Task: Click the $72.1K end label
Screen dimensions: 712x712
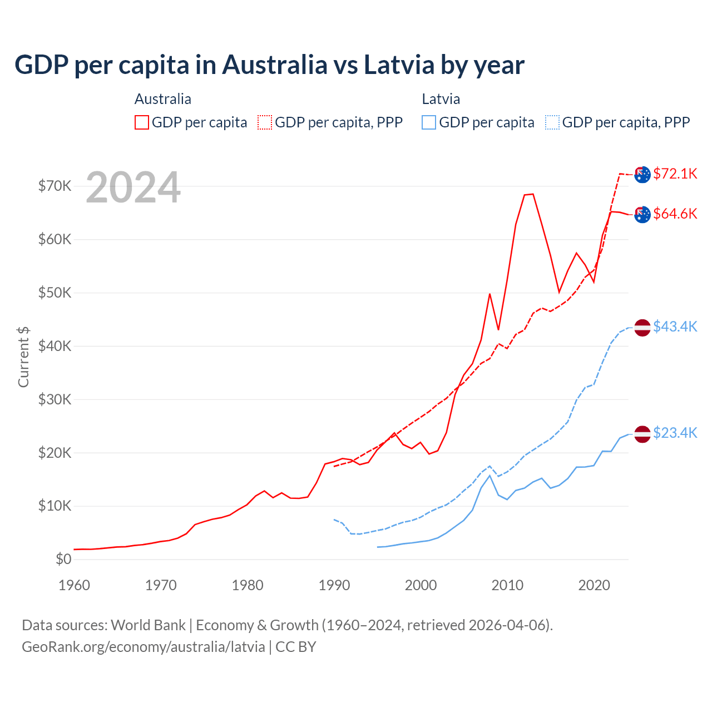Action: pos(675,174)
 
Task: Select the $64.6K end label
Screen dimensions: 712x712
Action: pos(675,214)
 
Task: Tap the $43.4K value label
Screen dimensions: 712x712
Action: pos(675,327)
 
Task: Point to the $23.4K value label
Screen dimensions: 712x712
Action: pos(675,433)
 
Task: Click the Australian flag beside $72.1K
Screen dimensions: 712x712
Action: pos(642,174)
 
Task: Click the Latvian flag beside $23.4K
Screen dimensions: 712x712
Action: pos(642,434)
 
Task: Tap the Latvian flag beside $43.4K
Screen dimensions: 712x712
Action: pos(642,328)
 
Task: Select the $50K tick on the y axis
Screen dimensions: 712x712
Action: pos(55,293)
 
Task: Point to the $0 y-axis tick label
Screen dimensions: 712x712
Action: pos(63,559)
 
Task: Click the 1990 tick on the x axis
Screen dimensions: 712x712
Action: pos(334,585)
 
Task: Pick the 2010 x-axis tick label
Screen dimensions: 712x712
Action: pos(507,585)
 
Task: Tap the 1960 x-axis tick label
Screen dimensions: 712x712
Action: pos(75,585)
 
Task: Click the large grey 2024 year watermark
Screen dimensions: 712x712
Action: pos(133,187)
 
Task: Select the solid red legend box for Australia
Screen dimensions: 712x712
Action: pos(142,122)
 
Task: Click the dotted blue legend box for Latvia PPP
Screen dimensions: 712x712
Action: pos(552,122)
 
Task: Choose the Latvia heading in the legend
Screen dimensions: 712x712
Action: pos(441,99)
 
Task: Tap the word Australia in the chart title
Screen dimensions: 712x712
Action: pos(275,65)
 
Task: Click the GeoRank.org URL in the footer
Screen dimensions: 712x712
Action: pos(144,647)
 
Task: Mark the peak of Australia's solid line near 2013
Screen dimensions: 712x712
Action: pos(532,194)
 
